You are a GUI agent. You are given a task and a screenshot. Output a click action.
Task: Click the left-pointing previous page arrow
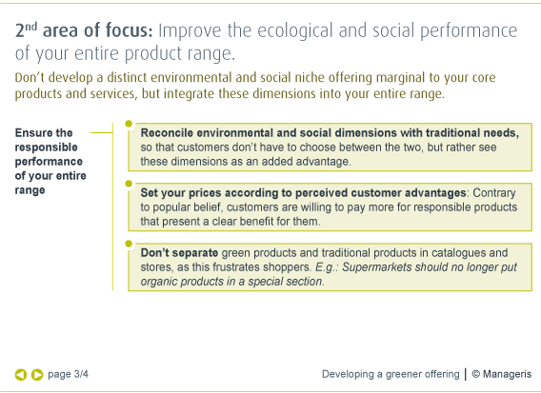21,375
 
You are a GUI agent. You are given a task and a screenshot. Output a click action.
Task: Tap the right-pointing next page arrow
37,375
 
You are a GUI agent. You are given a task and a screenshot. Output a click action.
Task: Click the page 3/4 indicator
68,374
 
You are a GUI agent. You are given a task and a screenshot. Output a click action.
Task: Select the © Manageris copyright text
502,374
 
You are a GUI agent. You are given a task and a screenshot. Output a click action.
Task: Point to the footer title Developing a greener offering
391,374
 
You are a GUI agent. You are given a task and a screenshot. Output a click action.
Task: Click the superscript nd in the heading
30,27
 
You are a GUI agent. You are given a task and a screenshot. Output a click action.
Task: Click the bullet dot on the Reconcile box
129,124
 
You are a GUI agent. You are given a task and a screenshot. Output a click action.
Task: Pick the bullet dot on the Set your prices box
129,184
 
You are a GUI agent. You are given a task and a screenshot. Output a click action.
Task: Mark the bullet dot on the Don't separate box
129,244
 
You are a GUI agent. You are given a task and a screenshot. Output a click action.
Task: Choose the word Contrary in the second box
494,193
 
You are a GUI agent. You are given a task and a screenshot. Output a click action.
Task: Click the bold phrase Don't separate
179,253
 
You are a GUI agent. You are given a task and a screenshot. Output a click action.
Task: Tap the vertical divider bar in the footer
466,374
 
